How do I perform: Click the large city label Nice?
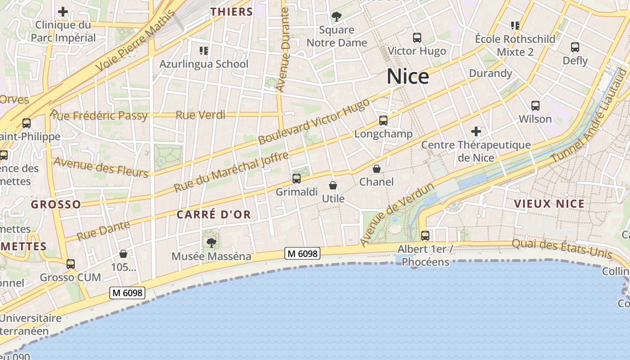408,76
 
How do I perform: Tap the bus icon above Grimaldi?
297,179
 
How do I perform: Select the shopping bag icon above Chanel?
377,169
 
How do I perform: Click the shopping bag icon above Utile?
333,185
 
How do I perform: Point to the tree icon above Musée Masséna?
211,243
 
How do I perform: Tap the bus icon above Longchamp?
383,121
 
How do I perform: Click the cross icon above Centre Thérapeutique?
476,131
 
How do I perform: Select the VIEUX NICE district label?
549,204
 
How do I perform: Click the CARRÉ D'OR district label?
213,215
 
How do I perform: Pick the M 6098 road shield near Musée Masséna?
302,254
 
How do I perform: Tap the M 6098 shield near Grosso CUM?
127,293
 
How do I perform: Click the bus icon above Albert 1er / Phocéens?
425,235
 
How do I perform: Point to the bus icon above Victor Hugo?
417,38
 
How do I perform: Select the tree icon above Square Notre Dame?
336,17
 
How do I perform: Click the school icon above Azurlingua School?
204,50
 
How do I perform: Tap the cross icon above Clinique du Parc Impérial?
63,12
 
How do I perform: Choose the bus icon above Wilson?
535,106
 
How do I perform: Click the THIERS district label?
232,12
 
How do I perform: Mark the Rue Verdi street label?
200,115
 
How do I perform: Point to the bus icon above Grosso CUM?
71,264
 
